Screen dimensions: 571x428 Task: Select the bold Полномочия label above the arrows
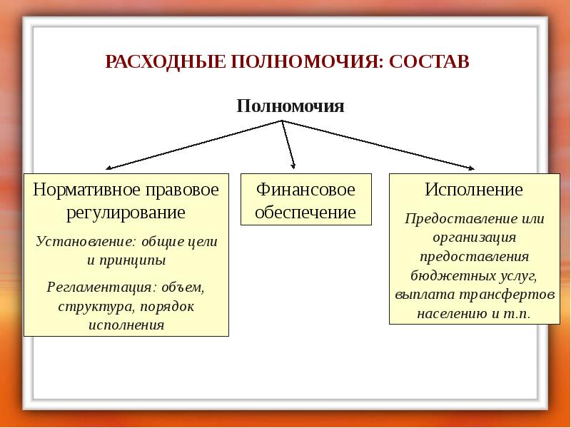[x=290, y=107]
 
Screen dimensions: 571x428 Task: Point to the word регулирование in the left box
[x=126, y=213]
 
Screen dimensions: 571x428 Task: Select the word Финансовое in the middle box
[x=305, y=191]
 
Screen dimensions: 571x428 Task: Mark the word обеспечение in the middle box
[x=305, y=212]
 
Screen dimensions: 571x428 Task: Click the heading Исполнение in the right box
[x=474, y=190]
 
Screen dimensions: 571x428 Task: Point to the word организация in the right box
[x=473, y=238]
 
